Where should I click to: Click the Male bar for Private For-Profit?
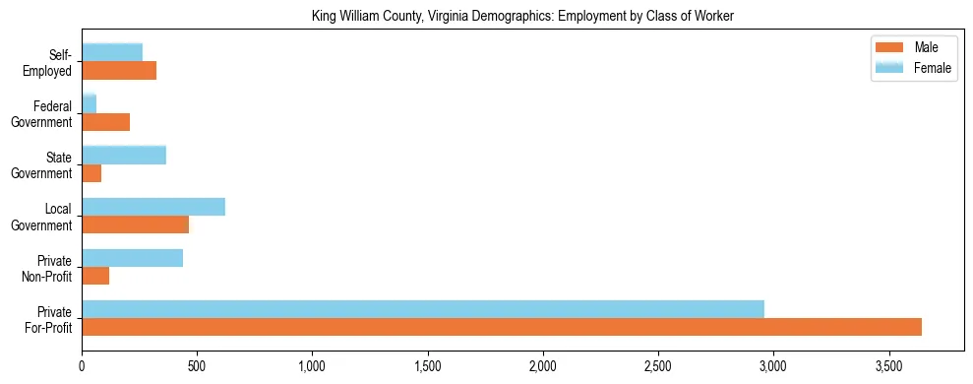coord(502,327)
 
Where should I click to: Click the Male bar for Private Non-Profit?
coord(95,276)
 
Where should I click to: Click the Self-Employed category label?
coord(52,62)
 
